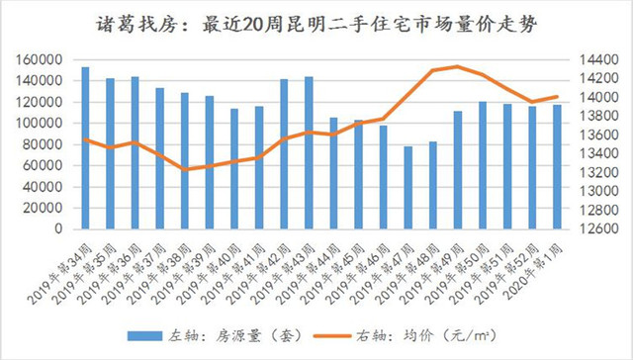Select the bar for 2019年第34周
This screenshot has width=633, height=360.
[85, 148]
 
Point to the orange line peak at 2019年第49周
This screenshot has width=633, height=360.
[456, 66]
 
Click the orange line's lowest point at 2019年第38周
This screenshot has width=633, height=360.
[184, 170]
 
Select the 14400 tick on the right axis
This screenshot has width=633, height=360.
[592, 59]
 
